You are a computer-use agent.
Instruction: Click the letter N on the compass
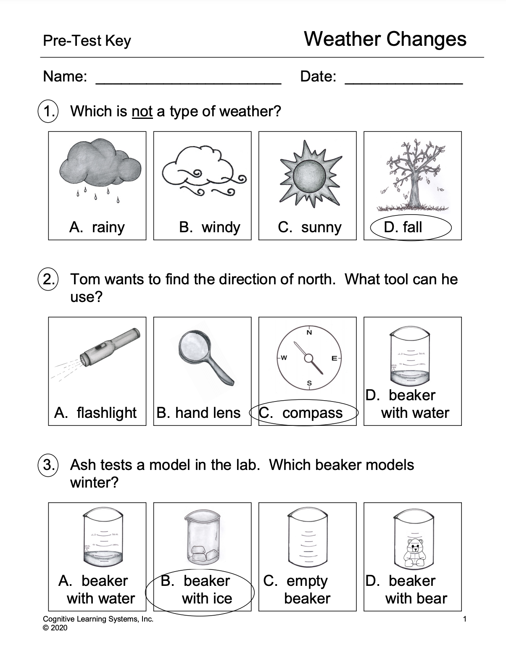click(x=309, y=333)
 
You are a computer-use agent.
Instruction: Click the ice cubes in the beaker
click(x=201, y=554)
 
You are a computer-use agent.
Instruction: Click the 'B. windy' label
click(x=209, y=227)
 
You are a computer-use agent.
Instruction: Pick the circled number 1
click(x=49, y=111)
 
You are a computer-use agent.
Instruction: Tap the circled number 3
click(x=49, y=465)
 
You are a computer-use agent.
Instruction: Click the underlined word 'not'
click(x=142, y=112)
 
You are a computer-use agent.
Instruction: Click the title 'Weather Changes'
click(x=385, y=39)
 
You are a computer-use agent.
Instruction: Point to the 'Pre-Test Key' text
click(x=87, y=41)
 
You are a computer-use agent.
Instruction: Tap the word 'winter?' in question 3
click(x=94, y=483)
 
